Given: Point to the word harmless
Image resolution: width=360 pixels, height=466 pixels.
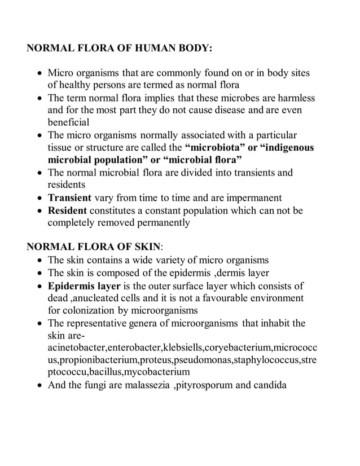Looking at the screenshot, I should tap(295, 98).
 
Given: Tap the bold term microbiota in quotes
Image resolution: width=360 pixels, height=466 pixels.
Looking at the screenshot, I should tap(207, 148).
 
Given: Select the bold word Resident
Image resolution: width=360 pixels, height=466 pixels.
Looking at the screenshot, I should tap(67, 210).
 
